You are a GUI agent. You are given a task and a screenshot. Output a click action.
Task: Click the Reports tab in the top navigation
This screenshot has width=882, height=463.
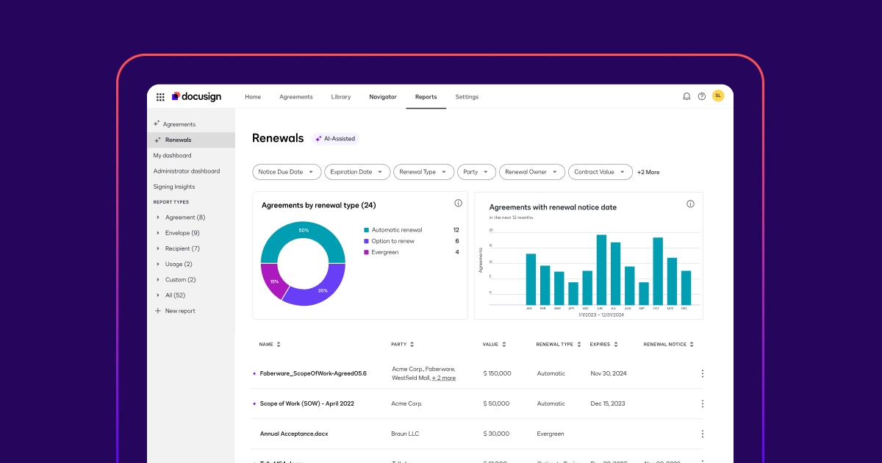[x=426, y=97]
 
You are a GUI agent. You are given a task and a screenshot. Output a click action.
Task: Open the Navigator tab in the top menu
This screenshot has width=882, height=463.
[x=382, y=97]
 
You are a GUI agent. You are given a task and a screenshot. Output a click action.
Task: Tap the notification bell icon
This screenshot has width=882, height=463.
[x=686, y=96]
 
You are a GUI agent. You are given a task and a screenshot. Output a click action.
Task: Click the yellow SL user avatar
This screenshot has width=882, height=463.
[x=718, y=96]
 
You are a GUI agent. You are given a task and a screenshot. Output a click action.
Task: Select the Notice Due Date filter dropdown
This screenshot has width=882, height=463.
[x=287, y=172]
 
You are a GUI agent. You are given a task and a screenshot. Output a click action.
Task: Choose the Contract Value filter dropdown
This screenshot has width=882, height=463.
[x=600, y=172]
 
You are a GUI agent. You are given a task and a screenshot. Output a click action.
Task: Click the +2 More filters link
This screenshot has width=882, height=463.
[x=648, y=172]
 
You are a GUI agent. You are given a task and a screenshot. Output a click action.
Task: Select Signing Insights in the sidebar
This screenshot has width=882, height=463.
[x=174, y=187]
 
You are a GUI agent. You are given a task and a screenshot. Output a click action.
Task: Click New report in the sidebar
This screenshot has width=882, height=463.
[x=180, y=311]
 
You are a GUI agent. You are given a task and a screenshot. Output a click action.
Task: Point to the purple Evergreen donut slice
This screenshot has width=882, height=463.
[x=273, y=281]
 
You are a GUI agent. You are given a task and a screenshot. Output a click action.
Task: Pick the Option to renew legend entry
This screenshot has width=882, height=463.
[x=392, y=241]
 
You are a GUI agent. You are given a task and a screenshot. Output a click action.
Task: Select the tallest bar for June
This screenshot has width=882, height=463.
[x=601, y=270]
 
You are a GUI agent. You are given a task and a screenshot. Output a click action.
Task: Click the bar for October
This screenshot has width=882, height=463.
[x=658, y=271]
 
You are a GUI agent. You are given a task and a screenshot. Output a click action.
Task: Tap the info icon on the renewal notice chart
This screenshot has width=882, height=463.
[x=690, y=204]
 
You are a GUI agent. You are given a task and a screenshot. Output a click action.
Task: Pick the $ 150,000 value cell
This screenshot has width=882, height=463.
[x=497, y=373]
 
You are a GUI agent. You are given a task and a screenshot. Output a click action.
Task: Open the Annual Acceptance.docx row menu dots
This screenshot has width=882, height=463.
[x=702, y=434]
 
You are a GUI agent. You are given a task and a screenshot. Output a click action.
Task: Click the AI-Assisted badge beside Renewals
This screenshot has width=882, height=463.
[x=336, y=138]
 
